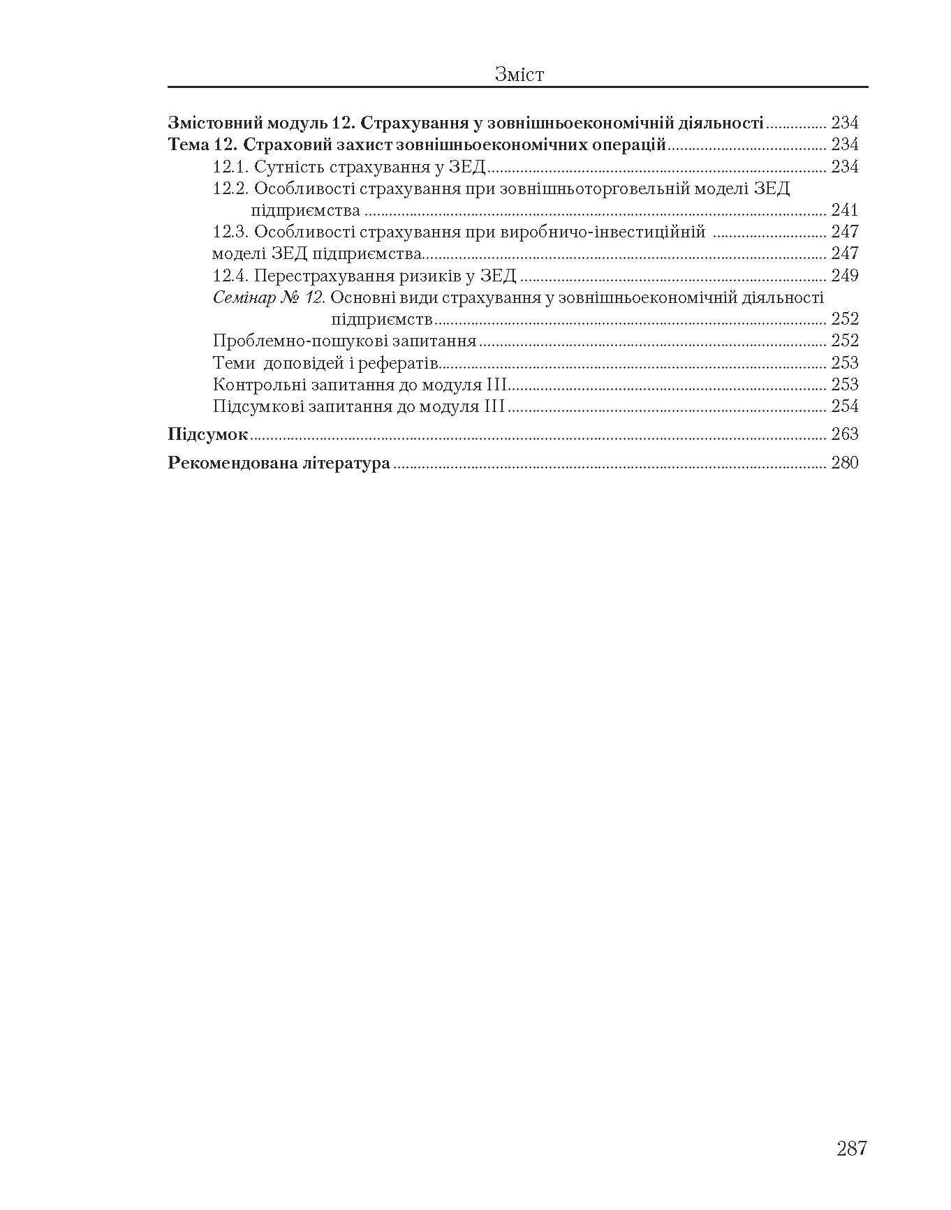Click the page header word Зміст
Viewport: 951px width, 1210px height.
click(x=519, y=74)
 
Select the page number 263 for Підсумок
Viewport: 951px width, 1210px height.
click(x=844, y=434)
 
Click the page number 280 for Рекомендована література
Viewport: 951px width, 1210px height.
click(x=844, y=463)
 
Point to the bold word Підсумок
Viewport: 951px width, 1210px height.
click(x=208, y=434)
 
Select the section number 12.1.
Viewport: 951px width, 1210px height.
click(x=230, y=167)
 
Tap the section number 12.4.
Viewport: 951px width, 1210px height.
click(x=231, y=276)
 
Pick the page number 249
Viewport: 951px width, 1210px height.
click(x=844, y=276)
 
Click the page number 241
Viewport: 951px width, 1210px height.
click(x=844, y=210)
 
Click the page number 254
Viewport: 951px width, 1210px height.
click(x=844, y=406)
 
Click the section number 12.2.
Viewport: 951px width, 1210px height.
click(x=231, y=189)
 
